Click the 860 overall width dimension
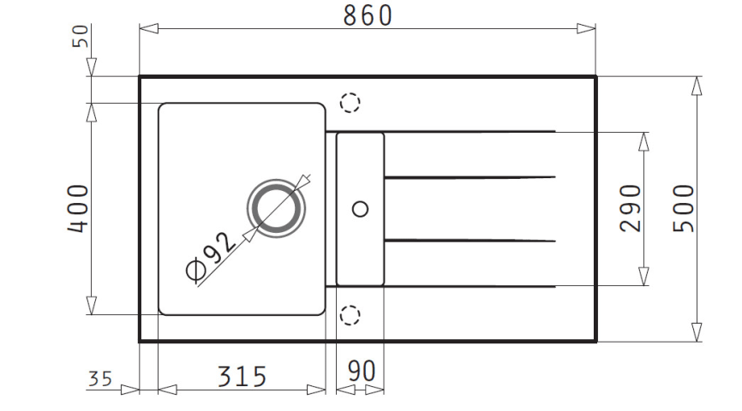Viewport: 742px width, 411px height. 368,15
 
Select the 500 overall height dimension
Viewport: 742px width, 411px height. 684,208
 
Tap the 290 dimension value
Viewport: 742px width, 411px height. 631,208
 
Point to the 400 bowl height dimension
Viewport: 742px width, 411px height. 78,208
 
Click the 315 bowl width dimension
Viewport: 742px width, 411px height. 242,377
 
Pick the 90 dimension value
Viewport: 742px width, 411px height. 362,372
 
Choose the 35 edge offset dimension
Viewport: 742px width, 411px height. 100,378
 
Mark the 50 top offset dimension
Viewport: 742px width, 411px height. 80,36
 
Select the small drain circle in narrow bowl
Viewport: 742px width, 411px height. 361,209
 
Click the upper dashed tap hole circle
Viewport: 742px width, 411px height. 350,102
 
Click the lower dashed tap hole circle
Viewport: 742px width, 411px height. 350,315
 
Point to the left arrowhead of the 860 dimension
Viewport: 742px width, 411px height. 148,29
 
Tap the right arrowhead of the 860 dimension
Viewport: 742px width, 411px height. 586,29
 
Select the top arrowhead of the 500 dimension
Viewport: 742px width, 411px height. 697,86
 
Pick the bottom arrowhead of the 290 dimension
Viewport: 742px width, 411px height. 643,277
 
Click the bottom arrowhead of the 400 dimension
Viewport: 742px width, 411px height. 92,306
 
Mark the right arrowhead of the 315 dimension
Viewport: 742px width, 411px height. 316,390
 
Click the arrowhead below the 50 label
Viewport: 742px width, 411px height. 92,67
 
